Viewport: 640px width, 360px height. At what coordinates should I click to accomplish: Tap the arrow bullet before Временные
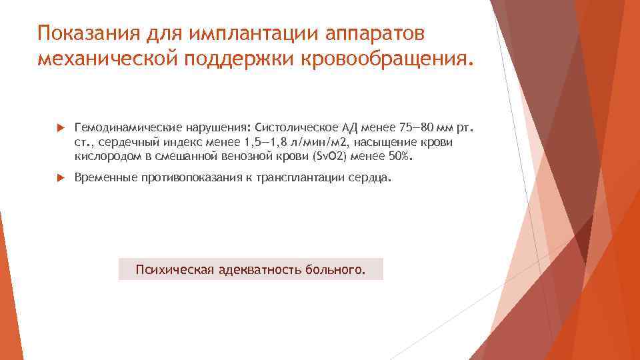(60, 179)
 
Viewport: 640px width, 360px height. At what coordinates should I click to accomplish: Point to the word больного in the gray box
(335, 269)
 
